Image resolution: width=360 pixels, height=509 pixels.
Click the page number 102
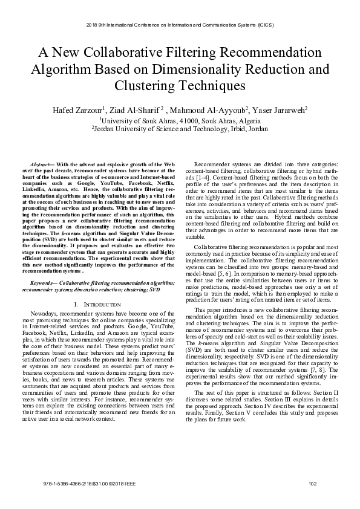pyautogui.click(x=312, y=484)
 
